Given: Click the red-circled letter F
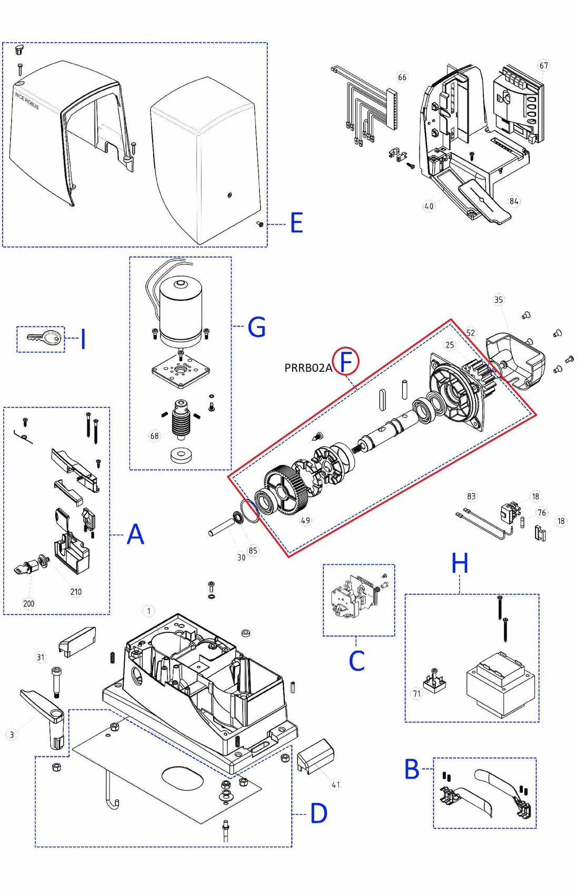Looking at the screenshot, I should point(346,362).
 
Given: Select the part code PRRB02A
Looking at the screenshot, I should point(308,368).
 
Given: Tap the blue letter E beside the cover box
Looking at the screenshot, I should point(296,223).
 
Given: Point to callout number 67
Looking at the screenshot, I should point(543,66).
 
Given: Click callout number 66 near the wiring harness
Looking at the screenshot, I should point(402,77).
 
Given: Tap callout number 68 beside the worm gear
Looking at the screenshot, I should point(154,436).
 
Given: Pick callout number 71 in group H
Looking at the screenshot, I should point(417,693).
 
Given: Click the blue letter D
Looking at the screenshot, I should point(319,814).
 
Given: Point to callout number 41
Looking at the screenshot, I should point(336,785).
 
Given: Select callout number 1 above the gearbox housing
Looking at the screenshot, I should point(148,611).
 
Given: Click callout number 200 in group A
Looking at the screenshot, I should point(29,603).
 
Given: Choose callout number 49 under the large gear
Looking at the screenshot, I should point(305,520).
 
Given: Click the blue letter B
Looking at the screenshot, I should point(412,769).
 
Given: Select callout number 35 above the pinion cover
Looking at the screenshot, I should point(498,300).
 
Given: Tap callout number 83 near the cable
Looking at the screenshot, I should point(471,496).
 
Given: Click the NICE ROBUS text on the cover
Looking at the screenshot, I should point(27,100).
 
